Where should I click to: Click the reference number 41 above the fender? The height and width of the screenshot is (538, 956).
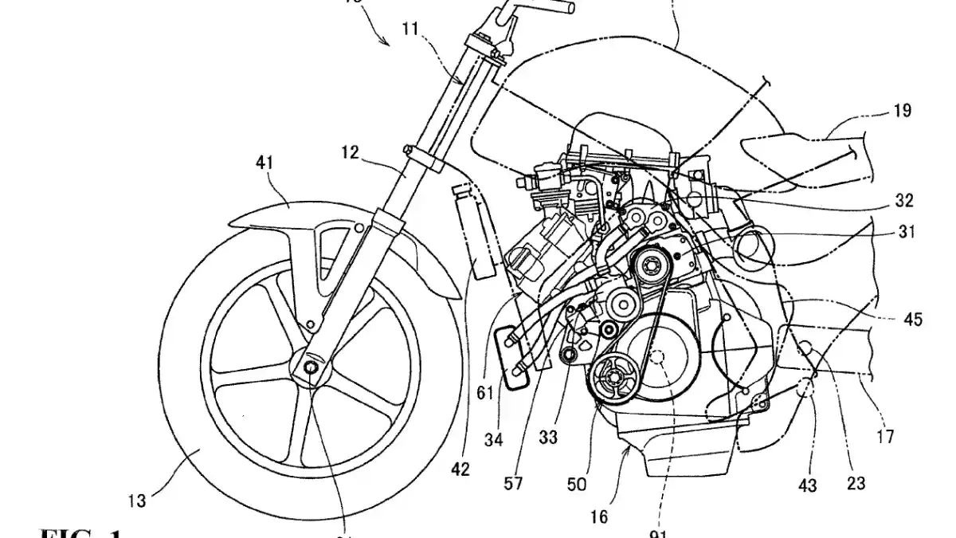(264, 163)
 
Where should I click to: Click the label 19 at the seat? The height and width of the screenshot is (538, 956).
(903, 111)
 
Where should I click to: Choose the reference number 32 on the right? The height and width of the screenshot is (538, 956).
(904, 201)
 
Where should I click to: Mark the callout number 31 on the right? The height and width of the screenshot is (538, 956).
(905, 234)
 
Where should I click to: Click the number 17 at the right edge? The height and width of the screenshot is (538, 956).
(884, 436)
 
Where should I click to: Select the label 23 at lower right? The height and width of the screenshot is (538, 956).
(857, 481)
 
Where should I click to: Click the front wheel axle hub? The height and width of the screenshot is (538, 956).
(309, 366)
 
